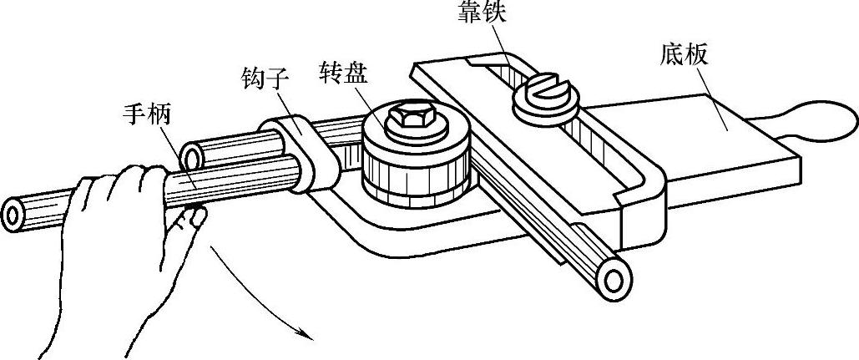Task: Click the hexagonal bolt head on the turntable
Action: (408, 118)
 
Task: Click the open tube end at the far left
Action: (14, 215)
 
